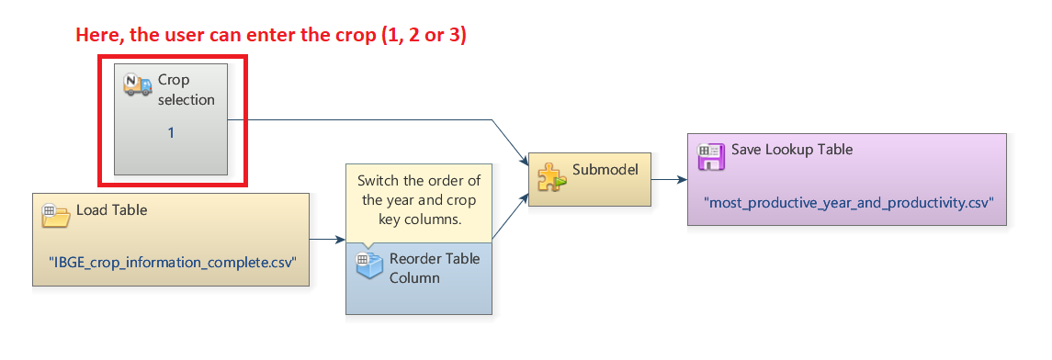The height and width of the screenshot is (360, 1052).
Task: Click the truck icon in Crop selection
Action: (138, 84)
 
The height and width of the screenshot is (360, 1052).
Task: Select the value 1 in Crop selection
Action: (171, 133)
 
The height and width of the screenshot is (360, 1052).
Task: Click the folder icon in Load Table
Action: (56, 215)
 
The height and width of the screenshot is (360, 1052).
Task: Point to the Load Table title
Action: (111, 209)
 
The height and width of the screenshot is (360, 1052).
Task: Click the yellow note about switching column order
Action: (418, 200)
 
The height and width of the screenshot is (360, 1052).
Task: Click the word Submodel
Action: (604, 170)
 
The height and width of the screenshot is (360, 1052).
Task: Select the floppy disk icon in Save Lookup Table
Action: (711, 155)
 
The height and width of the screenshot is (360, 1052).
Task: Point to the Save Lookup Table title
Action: (792, 150)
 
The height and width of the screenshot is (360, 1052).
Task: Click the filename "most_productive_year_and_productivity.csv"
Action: (848, 201)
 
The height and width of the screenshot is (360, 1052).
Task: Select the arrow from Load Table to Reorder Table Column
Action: (325, 241)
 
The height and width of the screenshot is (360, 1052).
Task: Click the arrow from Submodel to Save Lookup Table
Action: (668, 179)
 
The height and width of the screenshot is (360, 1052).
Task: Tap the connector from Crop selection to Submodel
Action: (368, 119)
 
